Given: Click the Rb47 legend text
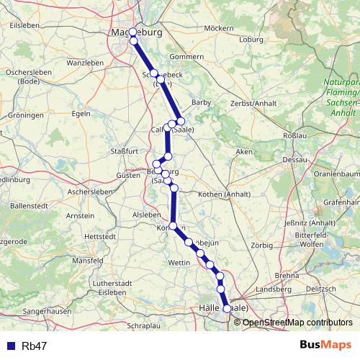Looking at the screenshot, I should point(33,346).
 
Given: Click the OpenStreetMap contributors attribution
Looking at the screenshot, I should point(297,322).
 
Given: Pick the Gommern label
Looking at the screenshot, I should point(186,57).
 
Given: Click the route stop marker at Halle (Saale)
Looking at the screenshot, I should point(228,308).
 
